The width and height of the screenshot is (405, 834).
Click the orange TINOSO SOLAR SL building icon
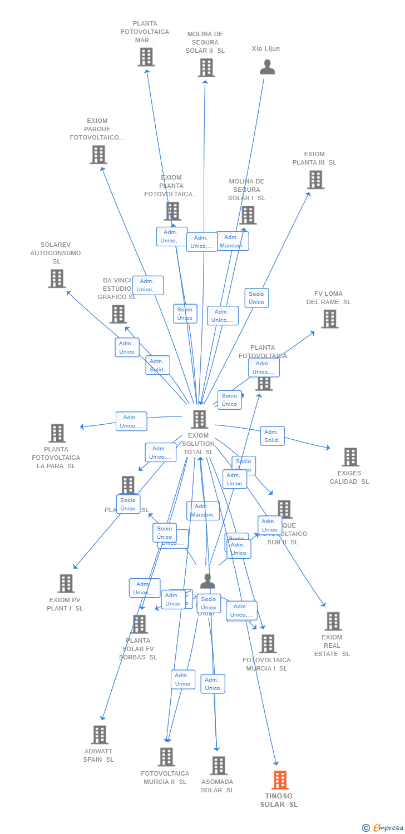click(280, 780)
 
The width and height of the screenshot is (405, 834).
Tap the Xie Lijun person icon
click(268, 67)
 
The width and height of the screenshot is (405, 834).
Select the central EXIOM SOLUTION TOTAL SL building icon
click(199, 419)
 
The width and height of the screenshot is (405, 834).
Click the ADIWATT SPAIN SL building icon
click(100, 734)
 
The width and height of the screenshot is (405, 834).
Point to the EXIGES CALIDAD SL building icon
click(350, 457)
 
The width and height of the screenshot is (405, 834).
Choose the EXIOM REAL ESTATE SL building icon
click(333, 621)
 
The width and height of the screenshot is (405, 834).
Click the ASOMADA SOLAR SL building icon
click(218, 766)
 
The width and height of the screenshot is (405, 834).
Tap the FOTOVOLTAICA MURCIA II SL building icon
click(166, 757)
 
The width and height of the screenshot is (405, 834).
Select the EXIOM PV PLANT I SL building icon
click(66, 583)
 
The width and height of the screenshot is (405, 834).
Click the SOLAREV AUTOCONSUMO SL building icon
click(56, 279)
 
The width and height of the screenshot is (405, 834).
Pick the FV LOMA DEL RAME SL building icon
click(329, 319)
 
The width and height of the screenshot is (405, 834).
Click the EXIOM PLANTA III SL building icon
click(315, 180)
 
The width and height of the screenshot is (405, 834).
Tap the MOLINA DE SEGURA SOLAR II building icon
click(206, 68)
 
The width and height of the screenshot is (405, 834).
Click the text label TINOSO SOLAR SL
click(279, 800)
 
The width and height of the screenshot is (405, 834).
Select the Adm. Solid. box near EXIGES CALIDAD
click(272, 436)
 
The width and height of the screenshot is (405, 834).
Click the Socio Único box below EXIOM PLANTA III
click(256, 297)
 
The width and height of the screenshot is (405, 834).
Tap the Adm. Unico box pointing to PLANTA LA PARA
click(131, 421)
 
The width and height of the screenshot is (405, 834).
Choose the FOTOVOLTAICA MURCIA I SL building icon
click(268, 644)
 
